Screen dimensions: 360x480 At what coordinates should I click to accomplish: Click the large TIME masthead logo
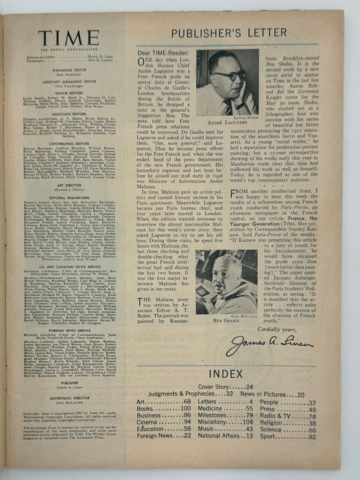[x=68, y=38]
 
